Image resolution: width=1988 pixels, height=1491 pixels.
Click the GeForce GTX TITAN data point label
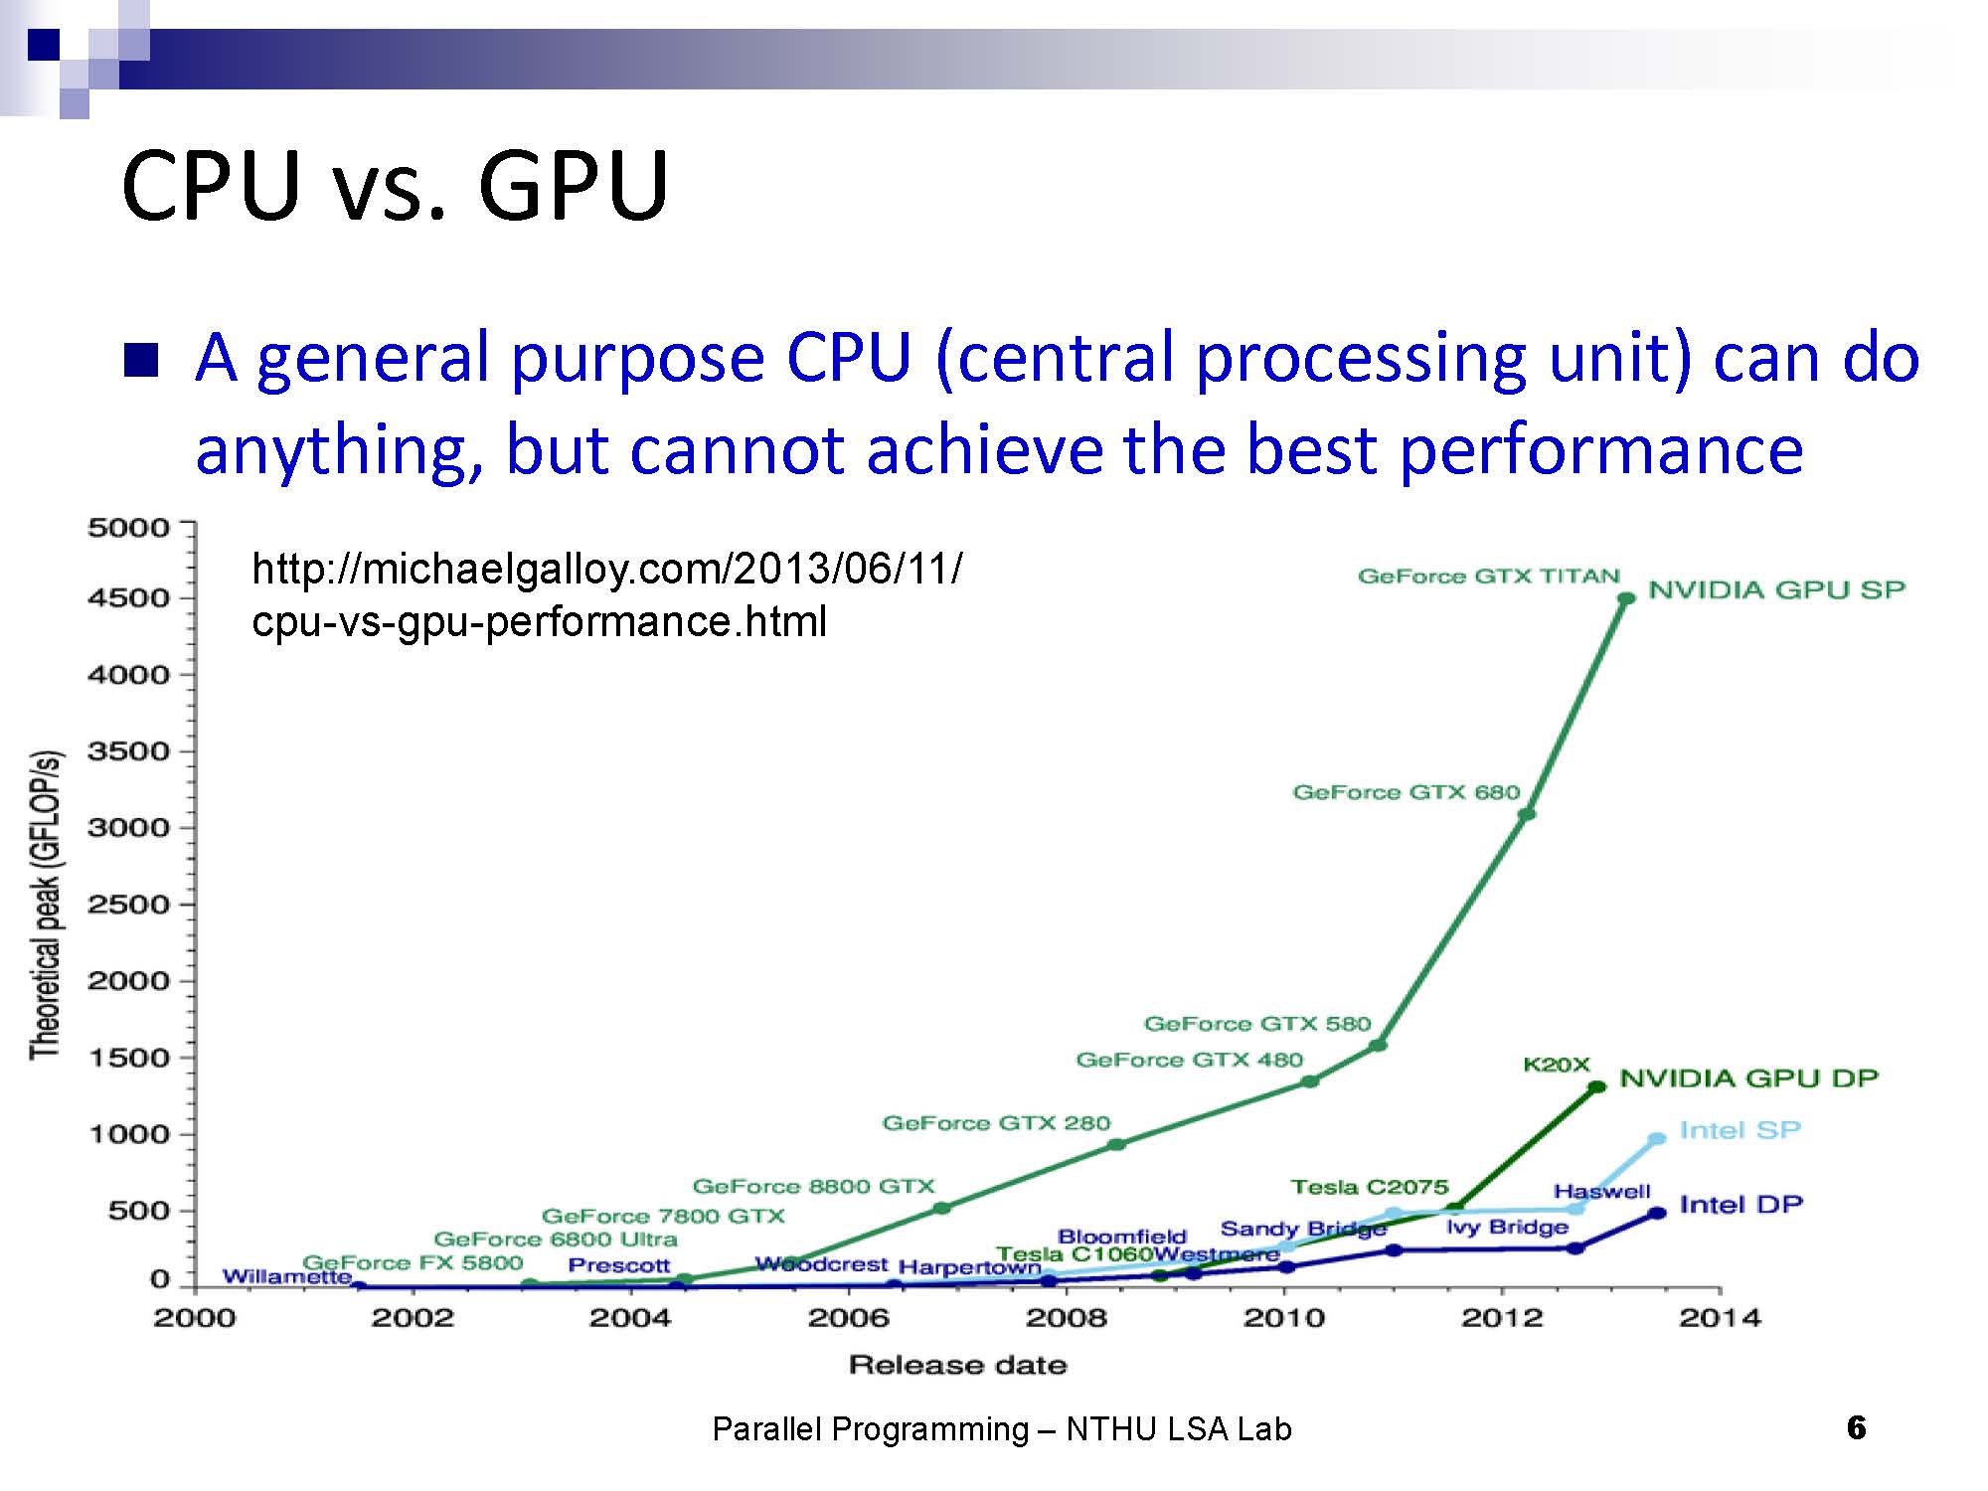[1488, 577]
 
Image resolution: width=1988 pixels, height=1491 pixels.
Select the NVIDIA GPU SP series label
[1776, 589]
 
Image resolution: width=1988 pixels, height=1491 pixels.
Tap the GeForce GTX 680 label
[1406, 792]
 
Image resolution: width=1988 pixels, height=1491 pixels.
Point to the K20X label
[1557, 1065]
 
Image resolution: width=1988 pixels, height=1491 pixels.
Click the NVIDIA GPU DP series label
[1748, 1078]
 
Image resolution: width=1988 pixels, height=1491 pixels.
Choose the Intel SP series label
[1739, 1130]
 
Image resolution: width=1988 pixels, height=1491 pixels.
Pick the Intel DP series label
[1740, 1205]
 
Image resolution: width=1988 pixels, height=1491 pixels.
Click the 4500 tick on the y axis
[128, 598]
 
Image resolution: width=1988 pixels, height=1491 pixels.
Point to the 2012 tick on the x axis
[1502, 1318]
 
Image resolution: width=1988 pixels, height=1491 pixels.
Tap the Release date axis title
[957, 1365]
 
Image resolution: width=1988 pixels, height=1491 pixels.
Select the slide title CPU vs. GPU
[395, 186]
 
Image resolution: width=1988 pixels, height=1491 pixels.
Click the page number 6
[1856, 1428]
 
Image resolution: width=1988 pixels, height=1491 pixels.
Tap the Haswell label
[1601, 1191]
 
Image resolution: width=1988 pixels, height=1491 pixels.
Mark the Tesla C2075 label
[1369, 1187]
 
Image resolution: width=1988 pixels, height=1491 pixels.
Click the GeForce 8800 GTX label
[813, 1186]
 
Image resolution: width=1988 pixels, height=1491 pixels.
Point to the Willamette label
[286, 1276]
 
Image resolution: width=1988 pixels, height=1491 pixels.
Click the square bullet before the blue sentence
[141, 360]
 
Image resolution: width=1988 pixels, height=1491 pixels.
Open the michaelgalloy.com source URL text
[606, 595]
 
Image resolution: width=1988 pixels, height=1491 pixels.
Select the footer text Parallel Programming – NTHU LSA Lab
[1002, 1429]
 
